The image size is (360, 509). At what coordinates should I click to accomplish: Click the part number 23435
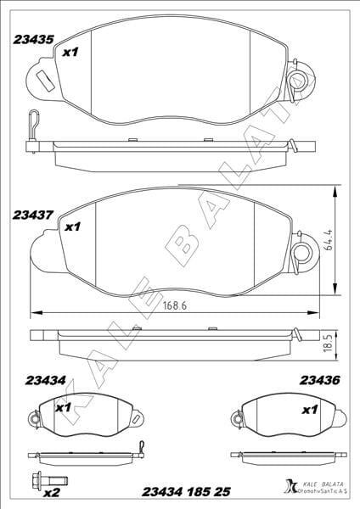[x=33, y=40]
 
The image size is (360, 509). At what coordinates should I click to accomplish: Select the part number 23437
[x=32, y=215]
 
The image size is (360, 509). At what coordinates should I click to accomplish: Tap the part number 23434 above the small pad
[x=46, y=380]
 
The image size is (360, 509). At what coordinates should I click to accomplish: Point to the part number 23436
[x=320, y=380]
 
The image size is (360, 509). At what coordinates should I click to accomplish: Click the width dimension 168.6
[x=175, y=305]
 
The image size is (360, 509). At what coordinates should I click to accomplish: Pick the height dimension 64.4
[x=329, y=239]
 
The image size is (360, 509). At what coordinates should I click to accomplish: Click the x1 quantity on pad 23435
[x=70, y=52]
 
